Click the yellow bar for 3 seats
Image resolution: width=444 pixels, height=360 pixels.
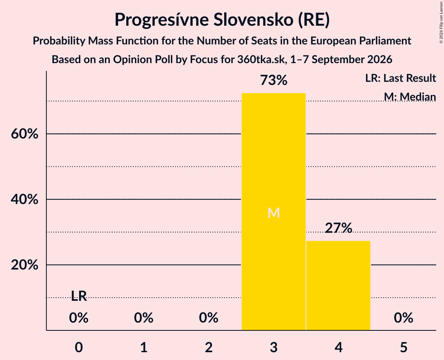(274, 212)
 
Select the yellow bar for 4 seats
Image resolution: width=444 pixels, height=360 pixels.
(338, 286)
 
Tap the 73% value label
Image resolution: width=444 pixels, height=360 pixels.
(274, 80)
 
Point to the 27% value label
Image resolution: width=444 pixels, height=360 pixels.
(338, 228)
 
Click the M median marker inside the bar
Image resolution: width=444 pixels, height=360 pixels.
(274, 213)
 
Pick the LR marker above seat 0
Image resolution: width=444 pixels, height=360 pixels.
(79, 296)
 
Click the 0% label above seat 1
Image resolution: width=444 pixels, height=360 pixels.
(143, 318)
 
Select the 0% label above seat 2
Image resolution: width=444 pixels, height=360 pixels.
(209, 318)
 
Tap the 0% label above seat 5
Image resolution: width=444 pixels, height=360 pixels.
(403, 318)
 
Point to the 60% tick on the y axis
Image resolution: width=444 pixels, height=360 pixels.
(25, 134)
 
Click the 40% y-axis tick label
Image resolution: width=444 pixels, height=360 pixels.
(25, 199)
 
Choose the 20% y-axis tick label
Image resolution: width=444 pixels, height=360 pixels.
(25, 265)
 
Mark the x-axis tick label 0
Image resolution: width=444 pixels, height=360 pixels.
(79, 347)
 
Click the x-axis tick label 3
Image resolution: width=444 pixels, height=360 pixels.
(274, 347)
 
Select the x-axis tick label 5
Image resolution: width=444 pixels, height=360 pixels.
(403, 347)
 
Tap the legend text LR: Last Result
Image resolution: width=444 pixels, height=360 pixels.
(400, 78)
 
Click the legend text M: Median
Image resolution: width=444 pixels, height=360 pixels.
(410, 97)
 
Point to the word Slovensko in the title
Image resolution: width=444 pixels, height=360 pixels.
(253, 19)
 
